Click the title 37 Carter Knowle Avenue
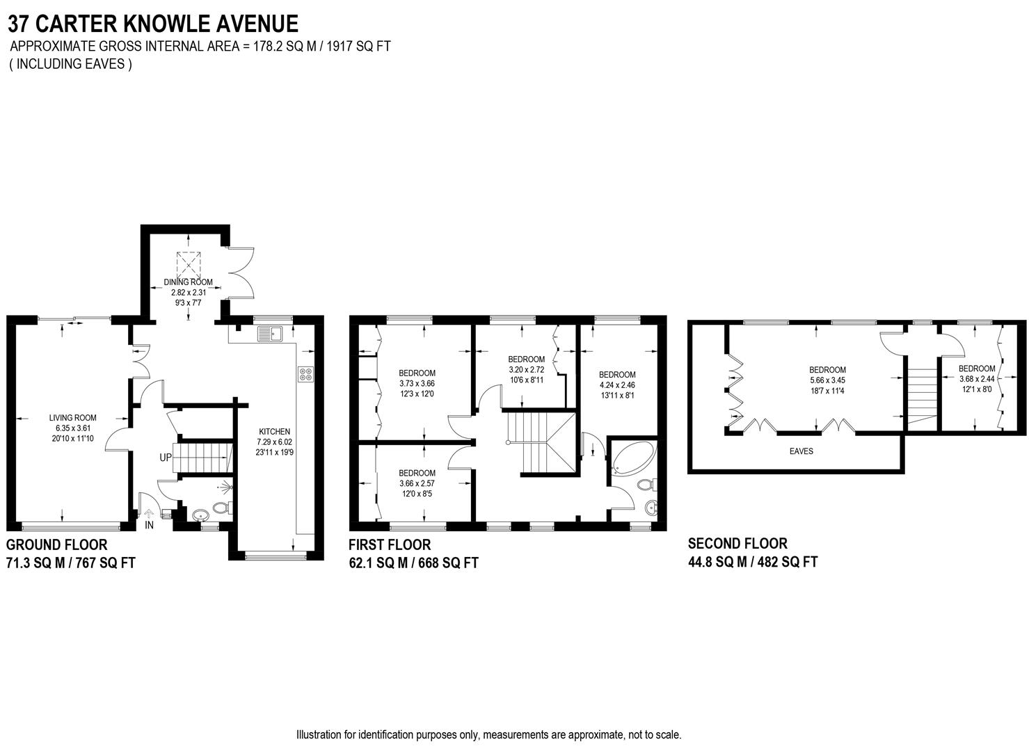pyautogui.click(x=153, y=24)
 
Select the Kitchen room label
pyautogui.click(x=274, y=431)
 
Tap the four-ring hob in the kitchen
pyautogui.click(x=305, y=374)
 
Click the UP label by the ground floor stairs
pyautogui.click(x=166, y=458)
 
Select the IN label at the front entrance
pyautogui.click(x=149, y=526)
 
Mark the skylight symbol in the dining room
pyautogui.click(x=187, y=264)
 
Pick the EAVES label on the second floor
pyautogui.click(x=801, y=451)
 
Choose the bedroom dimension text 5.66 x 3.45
pyautogui.click(x=827, y=380)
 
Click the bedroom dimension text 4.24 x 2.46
pyautogui.click(x=617, y=385)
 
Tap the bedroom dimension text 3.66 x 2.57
pyautogui.click(x=417, y=483)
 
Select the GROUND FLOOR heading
pyautogui.click(x=57, y=544)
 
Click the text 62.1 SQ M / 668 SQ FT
pyautogui.click(x=413, y=563)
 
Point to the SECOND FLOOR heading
pyautogui.click(x=737, y=544)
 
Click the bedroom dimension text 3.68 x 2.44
pyautogui.click(x=977, y=379)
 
